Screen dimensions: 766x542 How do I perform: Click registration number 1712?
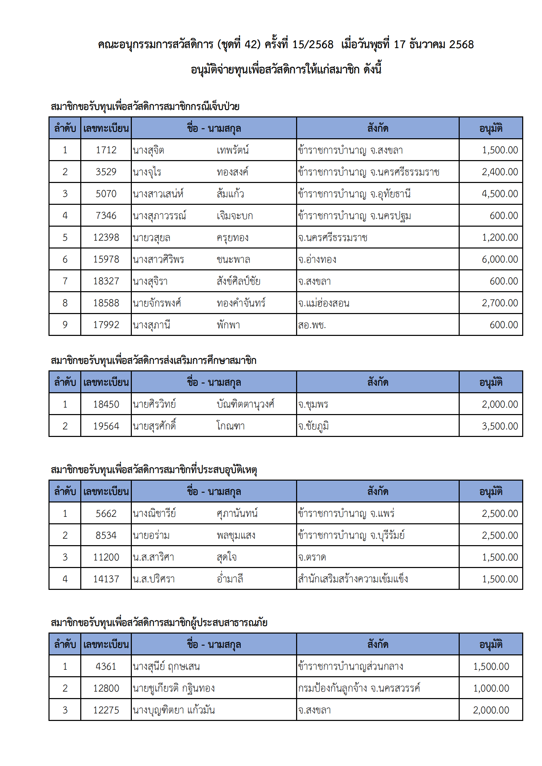click(x=106, y=150)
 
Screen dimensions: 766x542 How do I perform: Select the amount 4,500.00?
click(x=500, y=194)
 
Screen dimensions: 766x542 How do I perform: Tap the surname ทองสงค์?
click(x=232, y=172)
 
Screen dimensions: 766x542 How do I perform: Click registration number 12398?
click(x=106, y=237)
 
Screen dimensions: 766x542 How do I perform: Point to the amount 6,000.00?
click(x=500, y=259)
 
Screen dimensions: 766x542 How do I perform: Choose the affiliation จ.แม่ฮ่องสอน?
click(x=323, y=303)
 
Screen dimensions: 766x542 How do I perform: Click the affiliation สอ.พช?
click(x=312, y=325)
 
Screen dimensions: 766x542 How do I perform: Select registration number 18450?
click(x=106, y=404)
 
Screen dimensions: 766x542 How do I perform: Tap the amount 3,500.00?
click(x=500, y=426)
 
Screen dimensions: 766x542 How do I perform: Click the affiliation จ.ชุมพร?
click(x=313, y=404)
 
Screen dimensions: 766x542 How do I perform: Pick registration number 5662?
click(x=106, y=513)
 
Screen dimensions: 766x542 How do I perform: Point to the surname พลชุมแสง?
click(x=236, y=535)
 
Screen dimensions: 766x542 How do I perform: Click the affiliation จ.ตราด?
click(x=312, y=557)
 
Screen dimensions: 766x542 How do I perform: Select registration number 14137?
click(x=106, y=579)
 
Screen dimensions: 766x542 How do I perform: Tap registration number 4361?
click(x=106, y=666)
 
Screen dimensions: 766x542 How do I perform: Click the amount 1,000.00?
click(x=491, y=688)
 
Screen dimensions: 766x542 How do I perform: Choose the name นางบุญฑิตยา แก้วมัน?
click(x=173, y=710)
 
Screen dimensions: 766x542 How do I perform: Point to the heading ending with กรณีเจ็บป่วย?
click(x=145, y=107)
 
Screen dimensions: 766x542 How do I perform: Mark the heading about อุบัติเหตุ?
click(x=154, y=470)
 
